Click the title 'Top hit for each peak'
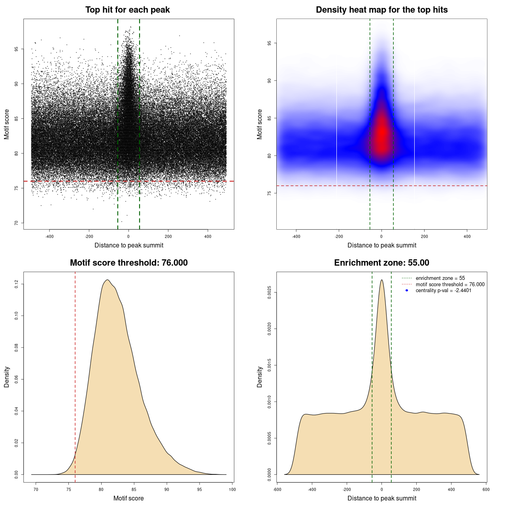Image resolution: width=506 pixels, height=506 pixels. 128,10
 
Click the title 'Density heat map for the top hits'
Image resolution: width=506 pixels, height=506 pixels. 381,10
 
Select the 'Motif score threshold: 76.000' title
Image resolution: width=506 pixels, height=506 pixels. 128,263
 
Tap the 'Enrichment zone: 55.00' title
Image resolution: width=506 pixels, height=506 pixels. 381,263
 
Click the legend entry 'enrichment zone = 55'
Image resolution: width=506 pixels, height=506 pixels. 440,278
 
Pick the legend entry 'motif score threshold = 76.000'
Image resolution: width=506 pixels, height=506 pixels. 450,284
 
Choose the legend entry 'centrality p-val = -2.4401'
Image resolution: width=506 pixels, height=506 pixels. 443,291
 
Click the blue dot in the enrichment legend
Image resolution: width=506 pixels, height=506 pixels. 407,291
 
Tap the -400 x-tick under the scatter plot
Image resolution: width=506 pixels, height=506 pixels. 49,236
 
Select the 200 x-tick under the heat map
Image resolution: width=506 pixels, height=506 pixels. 424,236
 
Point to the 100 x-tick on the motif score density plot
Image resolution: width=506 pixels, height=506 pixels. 232,489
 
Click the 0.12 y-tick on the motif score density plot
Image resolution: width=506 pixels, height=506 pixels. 16,284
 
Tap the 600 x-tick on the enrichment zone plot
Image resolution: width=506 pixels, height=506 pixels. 486,489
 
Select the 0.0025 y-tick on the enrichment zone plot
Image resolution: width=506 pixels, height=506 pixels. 269,293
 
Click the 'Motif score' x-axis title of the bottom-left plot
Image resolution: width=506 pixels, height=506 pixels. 128,498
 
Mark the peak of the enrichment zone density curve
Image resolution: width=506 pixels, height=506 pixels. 381,280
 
